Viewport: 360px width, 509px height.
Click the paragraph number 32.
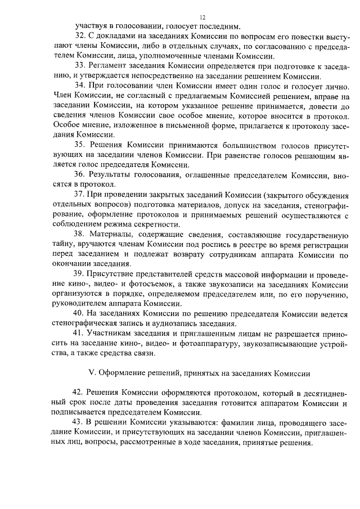[x=79, y=36]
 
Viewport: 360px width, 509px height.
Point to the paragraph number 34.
[x=79, y=87]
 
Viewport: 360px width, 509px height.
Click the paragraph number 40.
[x=79, y=313]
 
